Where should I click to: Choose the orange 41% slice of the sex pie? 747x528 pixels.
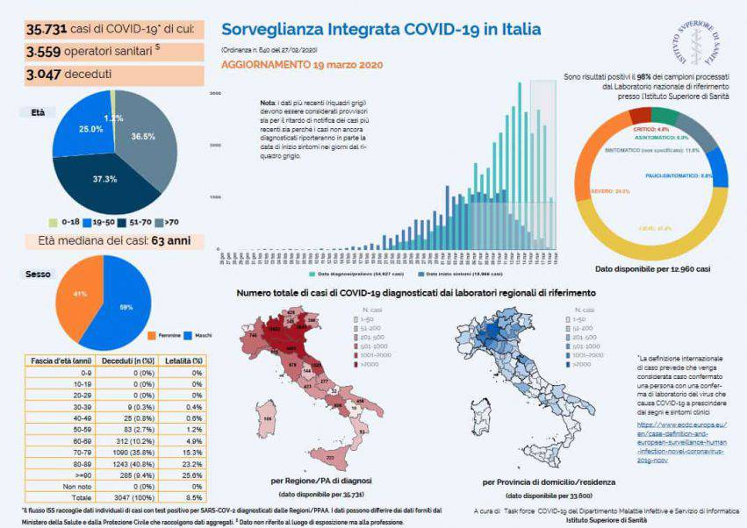tap(79, 295)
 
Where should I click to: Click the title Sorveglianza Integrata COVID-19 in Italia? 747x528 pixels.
tap(380, 29)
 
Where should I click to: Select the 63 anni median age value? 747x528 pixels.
tap(176, 241)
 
